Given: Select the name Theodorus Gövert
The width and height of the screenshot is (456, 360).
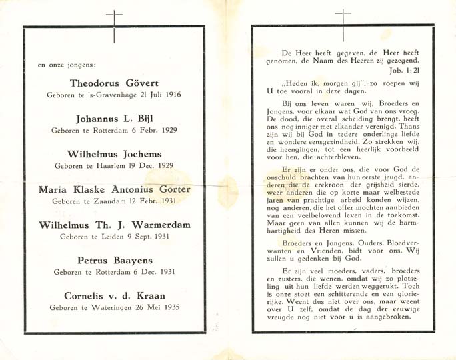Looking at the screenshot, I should coord(114,83).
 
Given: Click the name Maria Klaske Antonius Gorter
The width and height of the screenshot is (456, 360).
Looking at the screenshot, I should coord(114,189).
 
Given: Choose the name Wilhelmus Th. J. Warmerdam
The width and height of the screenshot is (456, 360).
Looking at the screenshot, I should coord(114,225).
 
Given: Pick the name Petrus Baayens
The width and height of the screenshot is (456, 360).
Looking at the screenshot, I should coord(114,260).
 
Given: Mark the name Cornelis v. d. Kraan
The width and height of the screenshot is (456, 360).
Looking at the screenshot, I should coord(114,295).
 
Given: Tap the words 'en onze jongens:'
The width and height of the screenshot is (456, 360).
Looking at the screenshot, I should coord(67,65).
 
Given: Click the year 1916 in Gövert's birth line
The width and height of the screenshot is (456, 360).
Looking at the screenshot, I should coord(171,95).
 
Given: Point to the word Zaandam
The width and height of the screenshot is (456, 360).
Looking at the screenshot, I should coord(105,201).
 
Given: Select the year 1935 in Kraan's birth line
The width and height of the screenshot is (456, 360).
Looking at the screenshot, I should coord(170,307).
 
